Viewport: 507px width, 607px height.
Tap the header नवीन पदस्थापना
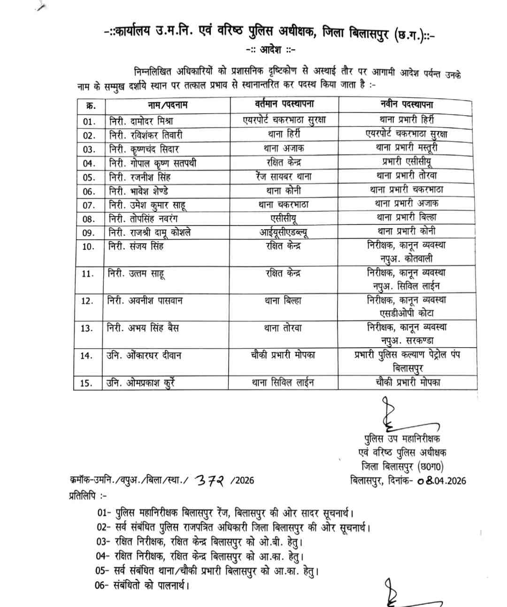point(407,104)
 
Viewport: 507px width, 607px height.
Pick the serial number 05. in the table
point(89,178)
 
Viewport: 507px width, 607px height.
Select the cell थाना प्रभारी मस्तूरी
point(407,148)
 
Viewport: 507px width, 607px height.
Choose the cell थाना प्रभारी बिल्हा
point(407,218)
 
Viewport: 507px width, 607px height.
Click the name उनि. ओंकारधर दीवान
point(144,356)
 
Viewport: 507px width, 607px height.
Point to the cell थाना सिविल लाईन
point(283,382)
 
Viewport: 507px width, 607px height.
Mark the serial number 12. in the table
point(87,301)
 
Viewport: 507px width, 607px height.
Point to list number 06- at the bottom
point(103,586)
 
